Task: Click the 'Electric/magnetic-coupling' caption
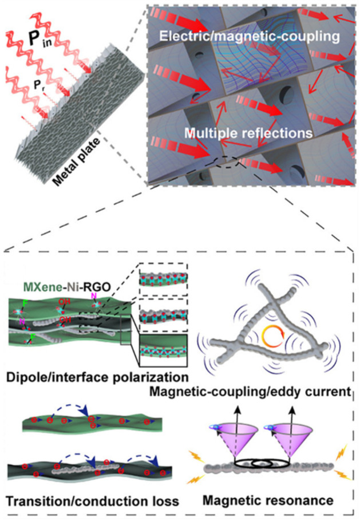(250, 35)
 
